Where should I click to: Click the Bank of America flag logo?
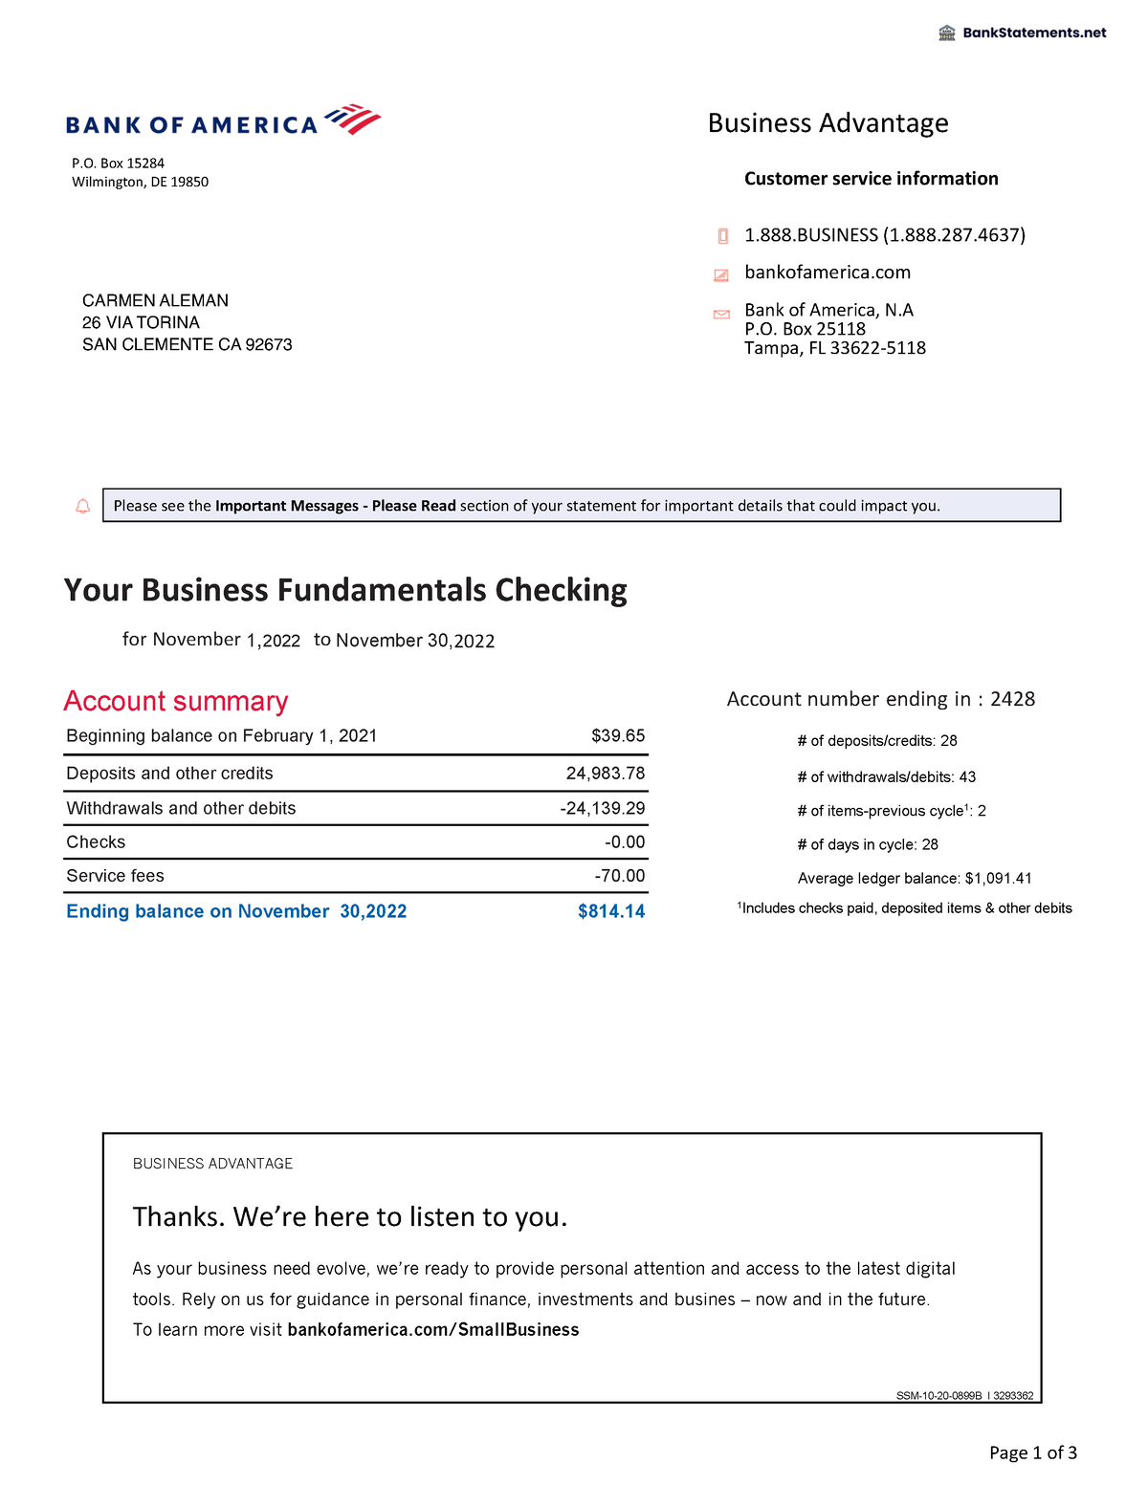(353, 120)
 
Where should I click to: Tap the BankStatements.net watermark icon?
(947, 33)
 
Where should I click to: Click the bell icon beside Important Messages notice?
(83, 506)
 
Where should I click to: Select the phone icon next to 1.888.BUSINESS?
(723, 236)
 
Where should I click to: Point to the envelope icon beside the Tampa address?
(722, 315)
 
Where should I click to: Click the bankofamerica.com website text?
(828, 273)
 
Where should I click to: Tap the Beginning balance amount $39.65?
(618, 736)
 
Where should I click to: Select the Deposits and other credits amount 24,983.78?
(606, 774)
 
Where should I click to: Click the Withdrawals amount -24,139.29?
(603, 809)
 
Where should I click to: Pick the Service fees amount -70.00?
(619, 876)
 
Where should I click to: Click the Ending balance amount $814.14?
(611, 912)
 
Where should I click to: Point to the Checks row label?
(96, 842)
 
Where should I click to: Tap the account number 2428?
(1012, 699)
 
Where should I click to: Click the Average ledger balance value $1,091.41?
(999, 879)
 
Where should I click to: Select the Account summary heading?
(176, 702)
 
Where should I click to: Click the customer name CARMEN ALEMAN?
(155, 301)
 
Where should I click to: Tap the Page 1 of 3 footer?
(1033, 1453)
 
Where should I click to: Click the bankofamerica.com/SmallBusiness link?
(433, 1330)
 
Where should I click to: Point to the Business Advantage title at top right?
(828, 123)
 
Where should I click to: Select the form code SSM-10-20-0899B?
(938, 1396)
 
